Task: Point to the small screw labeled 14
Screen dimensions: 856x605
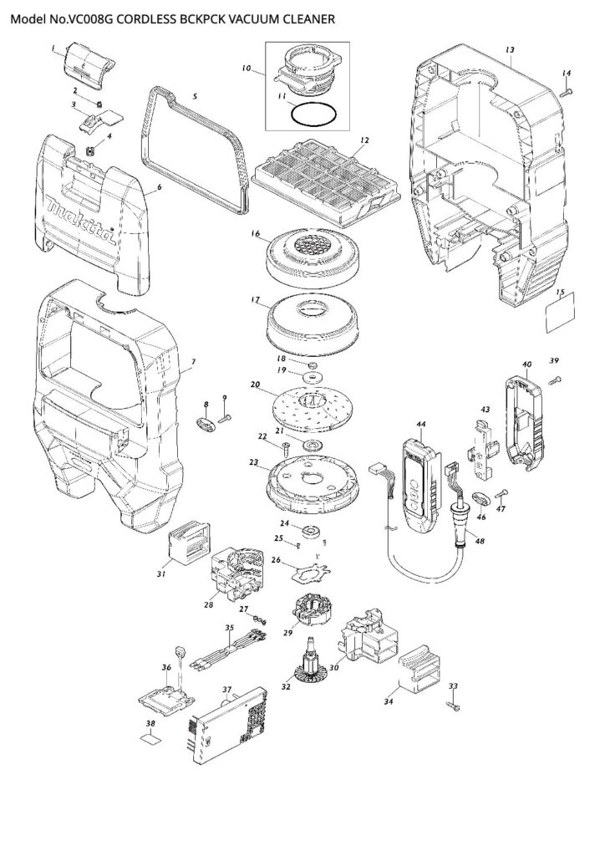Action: point(566,93)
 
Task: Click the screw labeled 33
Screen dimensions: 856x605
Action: point(453,706)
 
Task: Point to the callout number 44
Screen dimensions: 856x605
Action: point(421,425)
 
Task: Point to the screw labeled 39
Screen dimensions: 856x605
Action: point(553,381)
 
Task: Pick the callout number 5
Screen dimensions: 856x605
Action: point(195,97)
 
